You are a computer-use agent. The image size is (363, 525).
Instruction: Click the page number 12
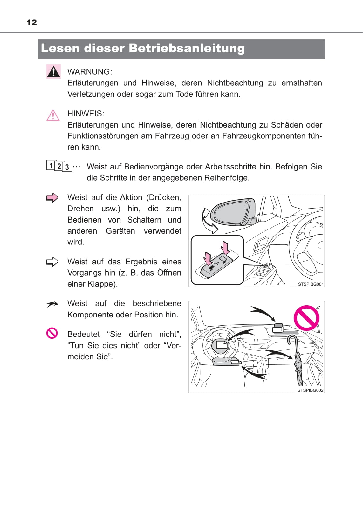(x=31, y=23)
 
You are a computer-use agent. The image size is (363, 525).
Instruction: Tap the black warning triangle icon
(x=53, y=72)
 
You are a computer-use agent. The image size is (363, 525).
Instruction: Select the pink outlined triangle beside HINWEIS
(x=53, y=115)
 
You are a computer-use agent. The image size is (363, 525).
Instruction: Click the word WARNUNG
(x=89, y=72)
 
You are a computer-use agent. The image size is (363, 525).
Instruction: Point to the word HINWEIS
(x=85, y=114)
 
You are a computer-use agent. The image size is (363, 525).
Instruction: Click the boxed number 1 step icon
(x=51, y=165)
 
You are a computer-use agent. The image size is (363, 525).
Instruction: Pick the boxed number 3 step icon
(x=67, y=167)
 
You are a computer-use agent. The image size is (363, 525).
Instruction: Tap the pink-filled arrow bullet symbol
(x=52, y=198)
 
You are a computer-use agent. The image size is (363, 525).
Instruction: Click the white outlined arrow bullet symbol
(x=52, y=262)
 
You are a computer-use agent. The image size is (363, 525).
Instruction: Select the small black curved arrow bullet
(x=52, y=304)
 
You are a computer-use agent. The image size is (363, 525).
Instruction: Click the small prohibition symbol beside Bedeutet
(x=52, y=333)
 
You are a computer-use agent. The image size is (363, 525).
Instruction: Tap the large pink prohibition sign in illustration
(x=306, y=318)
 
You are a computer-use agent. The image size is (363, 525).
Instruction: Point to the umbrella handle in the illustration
(x=292, y=340)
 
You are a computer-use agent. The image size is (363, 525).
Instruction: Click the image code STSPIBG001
(x=311, y=284)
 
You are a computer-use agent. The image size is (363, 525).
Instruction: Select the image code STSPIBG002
(x=310, y=390)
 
